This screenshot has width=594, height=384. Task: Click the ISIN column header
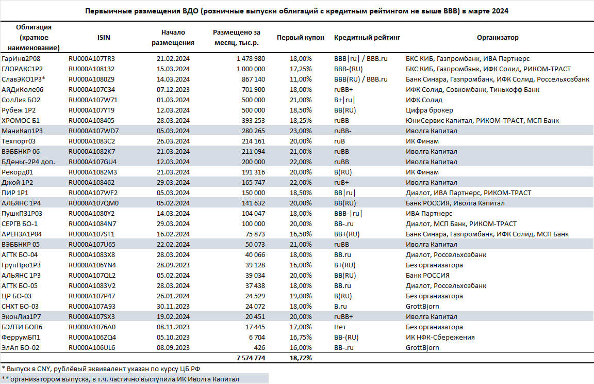(104, 38)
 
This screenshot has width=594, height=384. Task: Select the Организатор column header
(498, 38)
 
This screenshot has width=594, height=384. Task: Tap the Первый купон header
(301, 38)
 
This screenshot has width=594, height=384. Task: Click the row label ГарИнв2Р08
(21, 59)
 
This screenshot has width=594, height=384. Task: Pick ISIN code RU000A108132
(91, 69)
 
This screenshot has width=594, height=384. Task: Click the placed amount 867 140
(254, 79)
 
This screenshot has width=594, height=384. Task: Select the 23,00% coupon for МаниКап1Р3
(301, 131)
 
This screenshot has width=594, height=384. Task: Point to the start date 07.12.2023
(173, 90)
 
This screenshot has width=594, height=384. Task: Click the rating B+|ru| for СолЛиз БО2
(344, 100)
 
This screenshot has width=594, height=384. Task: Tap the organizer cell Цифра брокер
(429, 110)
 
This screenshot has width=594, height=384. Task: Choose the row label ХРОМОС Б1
(21, 121)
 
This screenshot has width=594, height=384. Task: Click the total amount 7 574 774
(251, 358)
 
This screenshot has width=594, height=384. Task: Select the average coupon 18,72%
(301, 358)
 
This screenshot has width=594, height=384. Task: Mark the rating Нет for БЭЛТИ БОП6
(340, 327)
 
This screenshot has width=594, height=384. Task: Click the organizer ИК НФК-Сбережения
(440, 338)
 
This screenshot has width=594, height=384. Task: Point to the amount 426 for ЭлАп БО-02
(259, 347)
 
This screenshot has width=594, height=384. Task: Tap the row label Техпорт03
(19, 141)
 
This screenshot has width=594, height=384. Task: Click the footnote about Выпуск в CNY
(101, 369)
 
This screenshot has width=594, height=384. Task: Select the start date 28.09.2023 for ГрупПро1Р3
(173, 265)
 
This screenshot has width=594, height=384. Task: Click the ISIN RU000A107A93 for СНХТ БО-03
(92, 306)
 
